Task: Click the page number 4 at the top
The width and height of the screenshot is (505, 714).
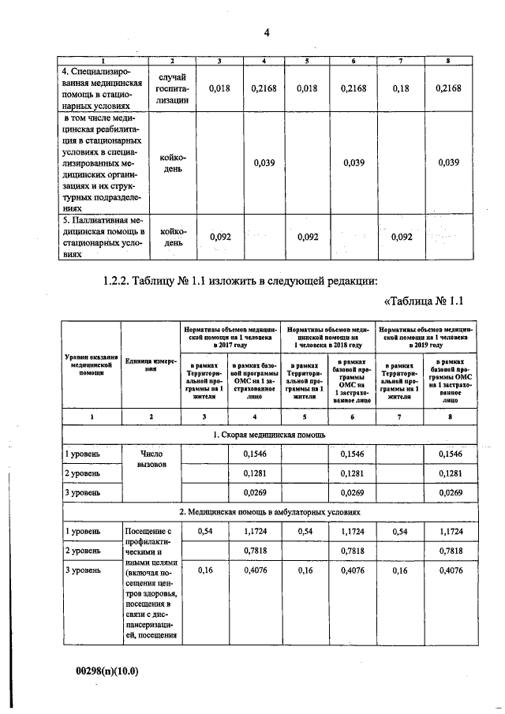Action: pos(267,32)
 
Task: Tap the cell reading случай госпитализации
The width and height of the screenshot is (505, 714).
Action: pos(172,89)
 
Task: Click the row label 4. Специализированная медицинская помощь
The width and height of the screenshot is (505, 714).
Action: pos(102,89)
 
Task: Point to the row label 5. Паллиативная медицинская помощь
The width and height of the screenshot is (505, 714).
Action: pos(102,237)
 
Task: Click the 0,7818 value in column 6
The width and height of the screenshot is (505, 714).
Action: pos(352,550)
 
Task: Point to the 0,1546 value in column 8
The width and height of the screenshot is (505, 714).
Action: pos(448,454)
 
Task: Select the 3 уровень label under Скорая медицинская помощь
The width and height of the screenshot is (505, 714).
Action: pos(83,492)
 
